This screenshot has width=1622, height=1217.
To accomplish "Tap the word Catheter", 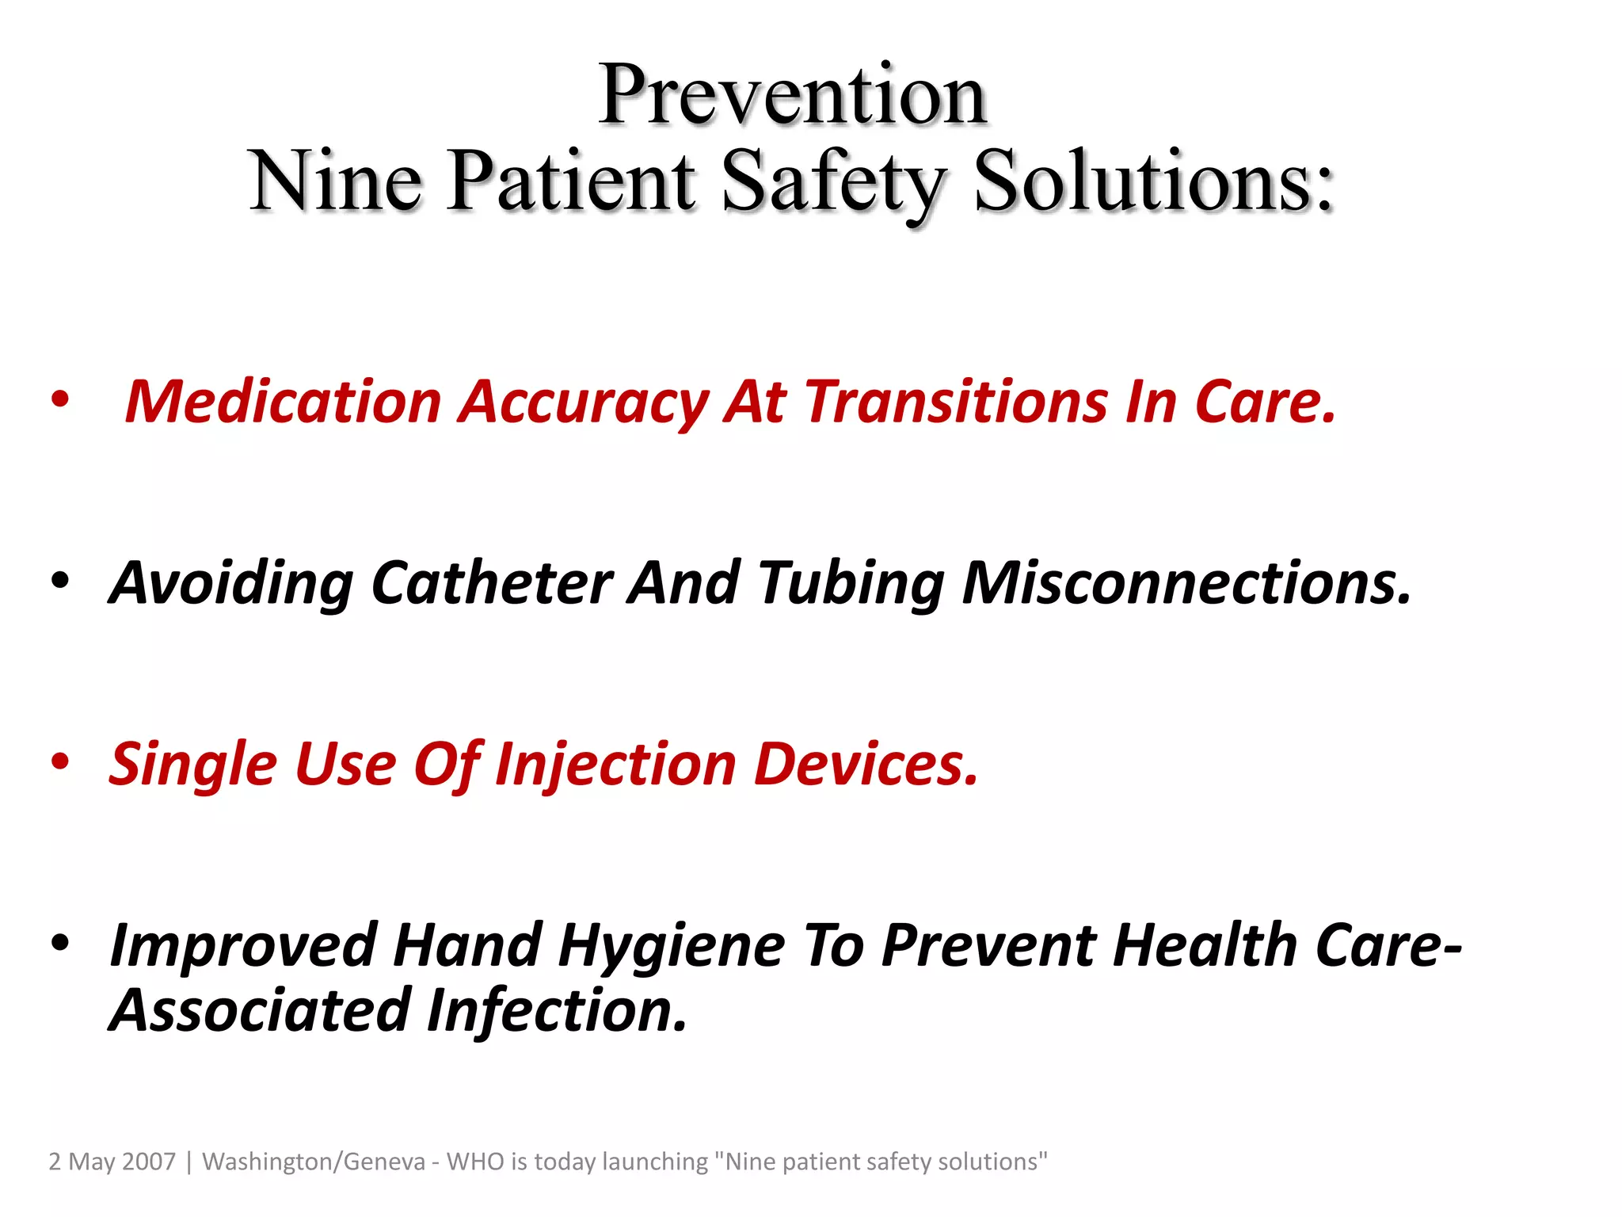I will [491, 583].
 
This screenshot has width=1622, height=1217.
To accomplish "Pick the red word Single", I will [193, 765].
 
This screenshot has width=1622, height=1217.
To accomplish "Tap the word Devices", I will [866, 765].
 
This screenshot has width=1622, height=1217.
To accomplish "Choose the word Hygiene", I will [672, 946].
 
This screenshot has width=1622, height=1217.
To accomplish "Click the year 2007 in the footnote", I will [149, 1162].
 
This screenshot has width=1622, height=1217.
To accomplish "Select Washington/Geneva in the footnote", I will [314, 1162].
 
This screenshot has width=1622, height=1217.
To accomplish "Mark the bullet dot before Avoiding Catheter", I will [61, 581].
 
